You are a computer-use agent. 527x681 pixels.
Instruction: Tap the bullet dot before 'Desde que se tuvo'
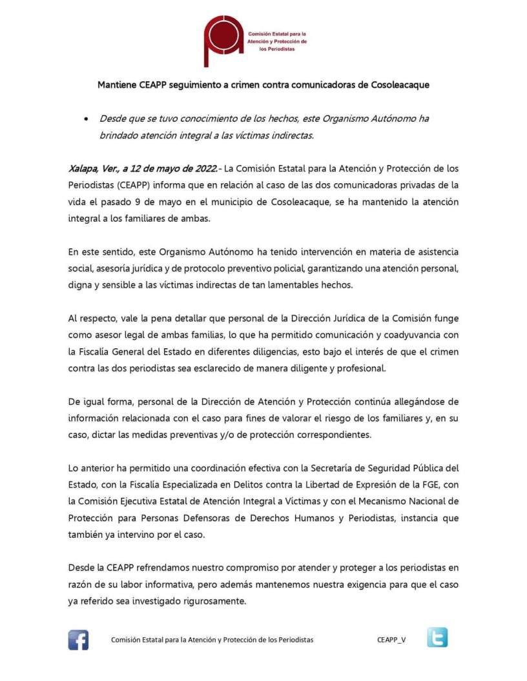pyautogui.click(x=85, y=119)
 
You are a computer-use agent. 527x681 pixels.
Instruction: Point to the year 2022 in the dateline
pyautogui.click(x=203, y=170)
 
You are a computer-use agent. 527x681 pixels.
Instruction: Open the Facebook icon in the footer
pyautogui.click(x=78, y=640)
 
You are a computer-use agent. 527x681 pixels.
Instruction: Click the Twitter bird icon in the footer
pyautogui.click(x=437, y=638)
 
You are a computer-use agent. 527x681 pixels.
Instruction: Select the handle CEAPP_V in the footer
pyautogui.click(x=392, y=640)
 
